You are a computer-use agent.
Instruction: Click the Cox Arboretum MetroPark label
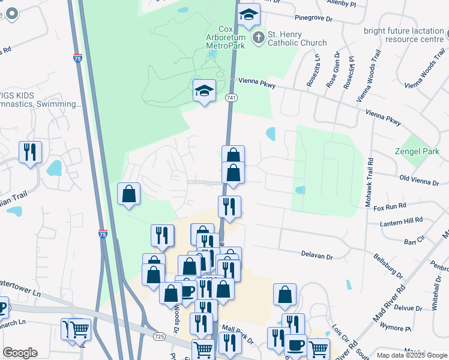(x=225, y=37)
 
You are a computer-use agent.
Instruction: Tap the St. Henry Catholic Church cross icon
(x=259, y=38)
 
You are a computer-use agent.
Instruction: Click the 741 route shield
(x=231, y=97)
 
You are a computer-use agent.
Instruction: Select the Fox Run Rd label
(x=390, y=206)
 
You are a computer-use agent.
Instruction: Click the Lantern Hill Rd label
(x=402, y=223)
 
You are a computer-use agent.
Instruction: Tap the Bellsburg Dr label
(x=388, y=267)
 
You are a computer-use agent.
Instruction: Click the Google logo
(x=20, y=353)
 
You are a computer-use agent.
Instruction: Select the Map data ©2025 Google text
(x=411, y=355)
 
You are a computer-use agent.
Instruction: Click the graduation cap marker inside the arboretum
(x=204, y=91)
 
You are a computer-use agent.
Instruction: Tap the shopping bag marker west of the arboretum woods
(x=128, y=194)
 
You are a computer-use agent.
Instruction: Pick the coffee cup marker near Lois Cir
(x=295, y=346)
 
